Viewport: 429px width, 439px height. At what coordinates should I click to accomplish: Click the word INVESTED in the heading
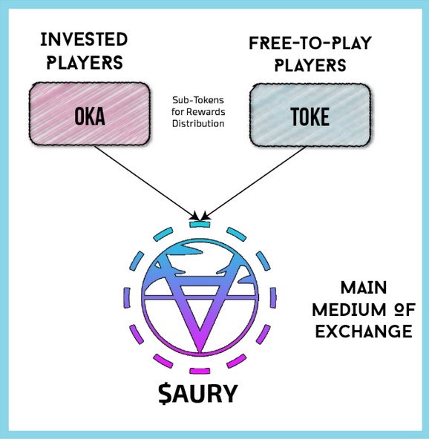tap(84, 39)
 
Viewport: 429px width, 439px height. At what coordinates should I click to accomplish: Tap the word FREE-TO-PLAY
tap(310, 44)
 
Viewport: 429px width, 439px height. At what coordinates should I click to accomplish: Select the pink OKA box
tap(90, 114)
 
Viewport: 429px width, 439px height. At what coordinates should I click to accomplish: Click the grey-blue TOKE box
tap(310, 115)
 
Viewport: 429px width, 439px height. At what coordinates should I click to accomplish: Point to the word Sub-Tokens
tap(198, 100)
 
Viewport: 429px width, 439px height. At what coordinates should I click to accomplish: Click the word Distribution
tap(198, 123)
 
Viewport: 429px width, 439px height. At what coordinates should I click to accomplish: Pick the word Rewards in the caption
tap(206, 112)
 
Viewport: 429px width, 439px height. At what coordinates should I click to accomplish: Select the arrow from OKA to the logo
tap(147, 183)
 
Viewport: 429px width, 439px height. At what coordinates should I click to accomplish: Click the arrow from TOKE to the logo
tap(253, 183)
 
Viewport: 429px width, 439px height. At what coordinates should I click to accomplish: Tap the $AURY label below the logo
tap(198, 393)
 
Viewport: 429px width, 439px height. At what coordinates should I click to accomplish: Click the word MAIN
tap(364, 288)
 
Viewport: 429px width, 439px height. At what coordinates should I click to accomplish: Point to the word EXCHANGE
tap(364, 331)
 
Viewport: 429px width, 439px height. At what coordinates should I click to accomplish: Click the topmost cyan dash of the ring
tap(200, 224)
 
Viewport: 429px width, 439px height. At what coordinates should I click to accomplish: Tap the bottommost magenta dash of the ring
tap(200, 371)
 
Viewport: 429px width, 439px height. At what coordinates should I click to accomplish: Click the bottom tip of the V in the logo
tap(200, 351)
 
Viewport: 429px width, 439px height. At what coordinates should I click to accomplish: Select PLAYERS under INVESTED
tap(85, 62)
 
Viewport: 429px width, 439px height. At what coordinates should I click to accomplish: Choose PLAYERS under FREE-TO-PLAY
tap(310, 65)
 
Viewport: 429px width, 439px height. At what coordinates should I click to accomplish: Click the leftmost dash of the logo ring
tap(127, 297)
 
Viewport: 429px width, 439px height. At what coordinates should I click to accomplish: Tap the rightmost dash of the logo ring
tap(273, 297)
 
